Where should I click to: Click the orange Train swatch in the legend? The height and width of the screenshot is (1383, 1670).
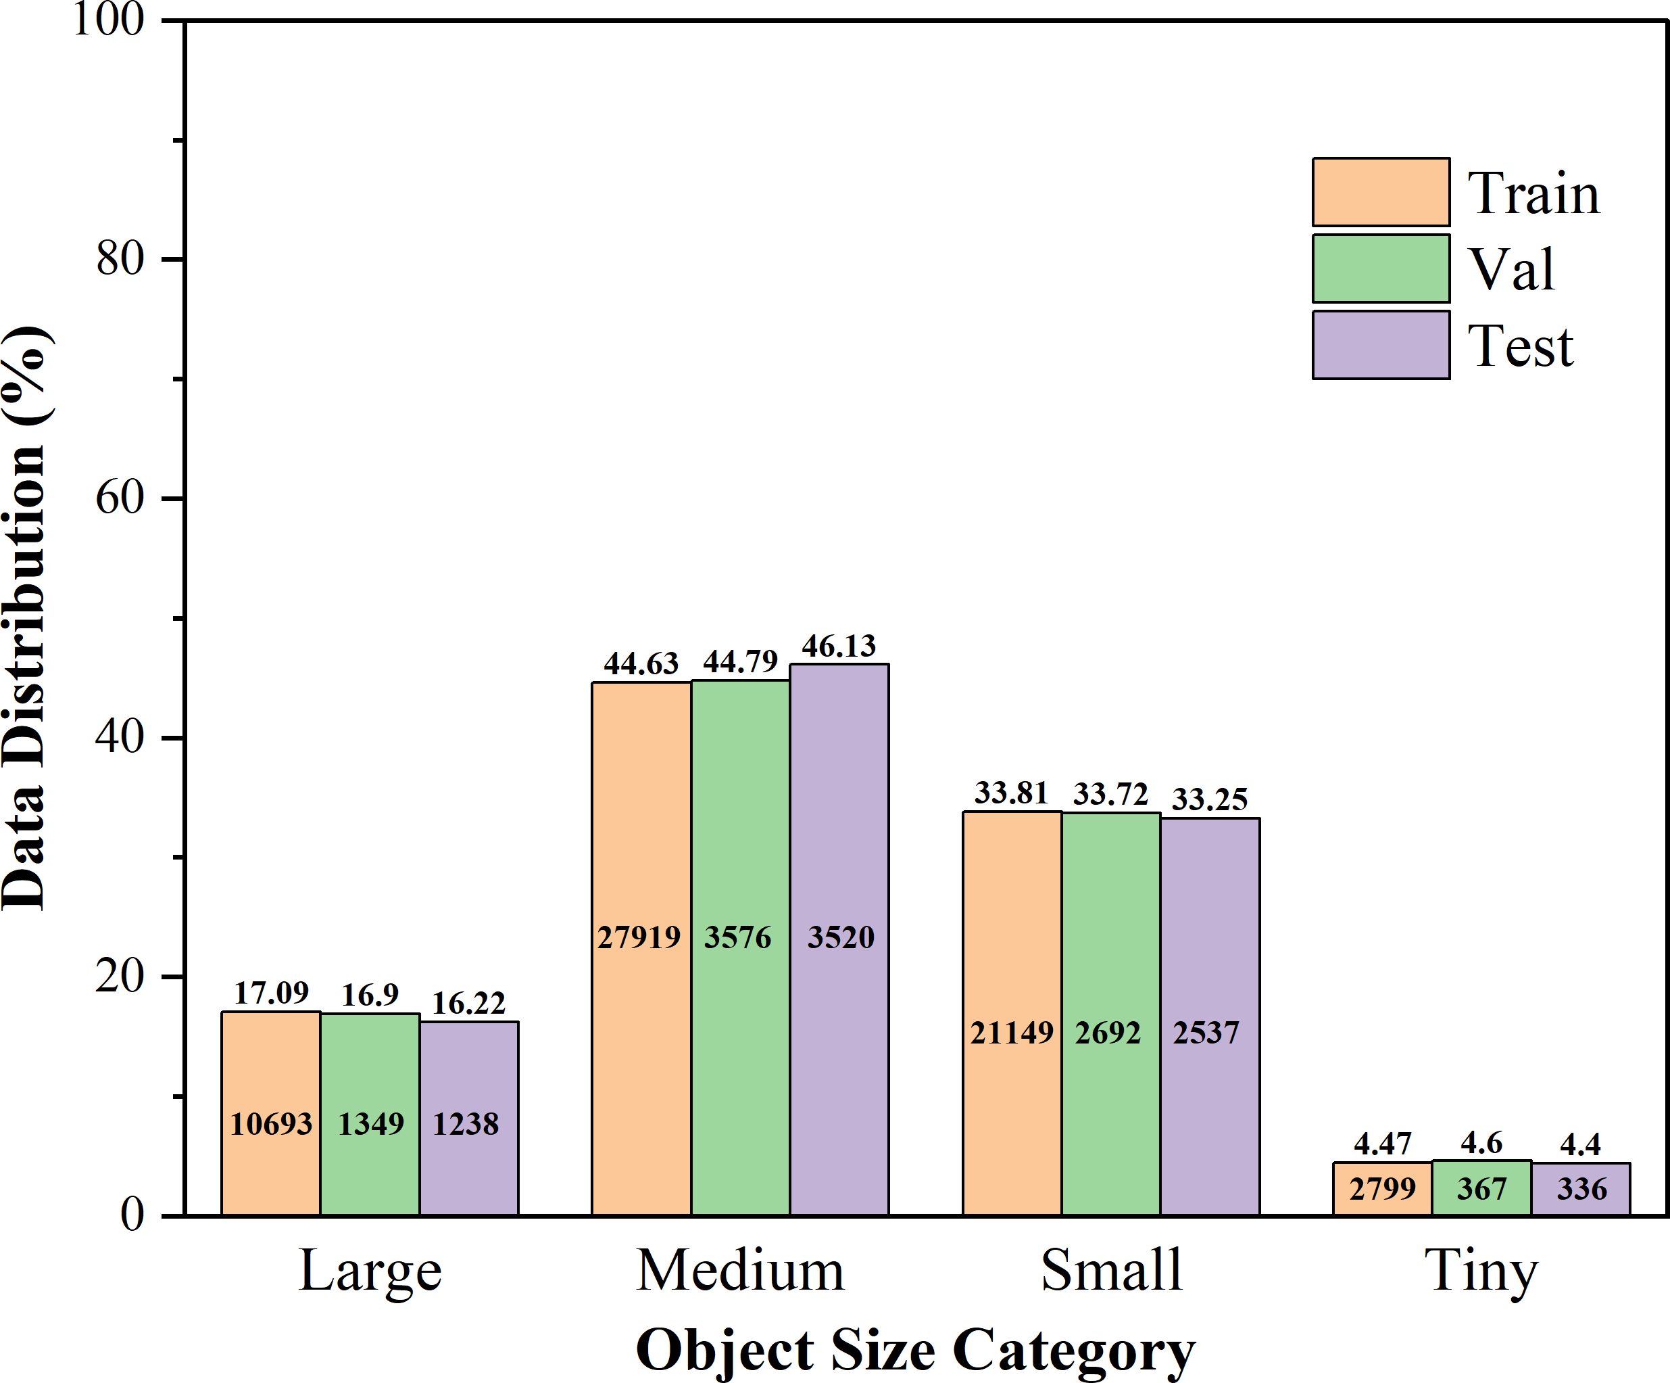click(x=1381, y=192)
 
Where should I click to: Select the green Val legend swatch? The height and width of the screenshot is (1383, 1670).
click(x=1381, y=268)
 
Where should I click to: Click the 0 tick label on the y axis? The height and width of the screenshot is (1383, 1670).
click(x=132, y=1215)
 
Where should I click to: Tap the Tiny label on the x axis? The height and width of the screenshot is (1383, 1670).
click(x=1481, y=1271)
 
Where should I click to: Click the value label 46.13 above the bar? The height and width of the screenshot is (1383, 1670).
click(x=838, y=646)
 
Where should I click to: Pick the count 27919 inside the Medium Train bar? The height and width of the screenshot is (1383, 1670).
click(x=639, y=937)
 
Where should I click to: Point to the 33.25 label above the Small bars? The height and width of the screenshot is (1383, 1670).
click(x=1209, y=799)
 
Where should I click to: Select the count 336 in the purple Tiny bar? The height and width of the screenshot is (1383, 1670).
click(x=1581, y=1189)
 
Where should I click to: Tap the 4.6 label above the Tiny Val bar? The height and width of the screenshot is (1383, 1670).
click(x=1481, y=1144)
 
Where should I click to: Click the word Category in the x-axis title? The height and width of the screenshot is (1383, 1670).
click(x=1073, y=1351)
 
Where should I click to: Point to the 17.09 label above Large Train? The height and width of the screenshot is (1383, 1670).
click(x=271, y=993)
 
